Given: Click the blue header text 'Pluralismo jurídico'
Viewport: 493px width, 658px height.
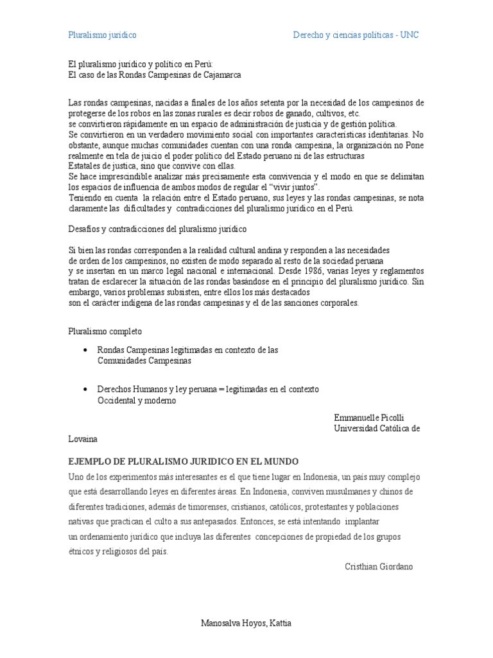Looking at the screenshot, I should pos(103,35).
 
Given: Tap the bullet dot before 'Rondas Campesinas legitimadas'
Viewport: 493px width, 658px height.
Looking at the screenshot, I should pos(86,350).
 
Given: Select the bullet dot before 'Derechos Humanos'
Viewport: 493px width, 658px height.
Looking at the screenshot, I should pos(86,390).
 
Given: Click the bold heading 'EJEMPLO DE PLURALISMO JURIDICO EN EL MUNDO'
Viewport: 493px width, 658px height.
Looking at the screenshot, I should pos(184,462).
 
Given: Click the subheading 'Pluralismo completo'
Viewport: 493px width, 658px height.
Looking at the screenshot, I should pos(105,331).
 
